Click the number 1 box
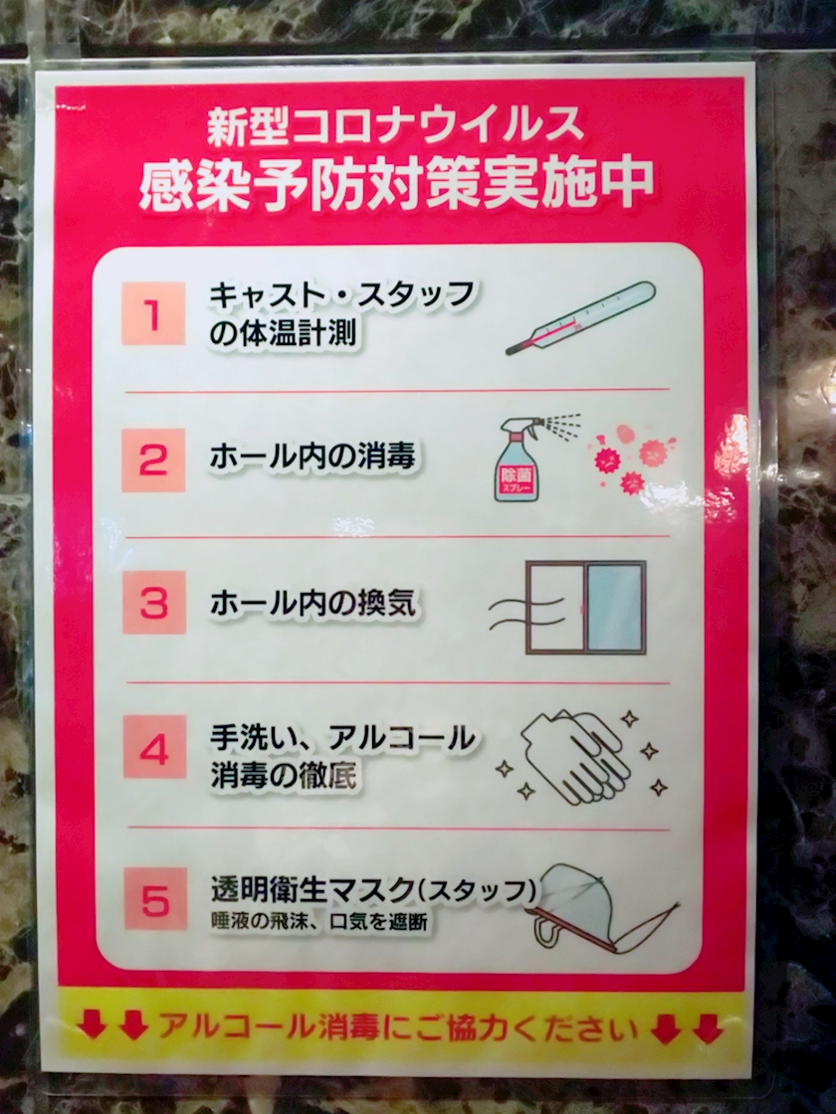[x=153, y=313]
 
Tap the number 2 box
[x=153, y=460]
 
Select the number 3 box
[x=154, y=602]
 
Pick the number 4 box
[x=155, y=747]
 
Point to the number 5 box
[x=156, y=899]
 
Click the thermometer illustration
[x=580, y=317]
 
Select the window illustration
[x=585, y=608]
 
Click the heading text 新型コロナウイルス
[x=395, y=125]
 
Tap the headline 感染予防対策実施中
[x=396, y=184]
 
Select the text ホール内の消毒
[x=313, y=457]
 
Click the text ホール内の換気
[x=313, y=603]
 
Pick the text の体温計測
[x=283, y=333]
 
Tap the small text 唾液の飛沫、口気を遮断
[x=319, y=921]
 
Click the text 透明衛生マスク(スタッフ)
[x=373, y=889]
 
